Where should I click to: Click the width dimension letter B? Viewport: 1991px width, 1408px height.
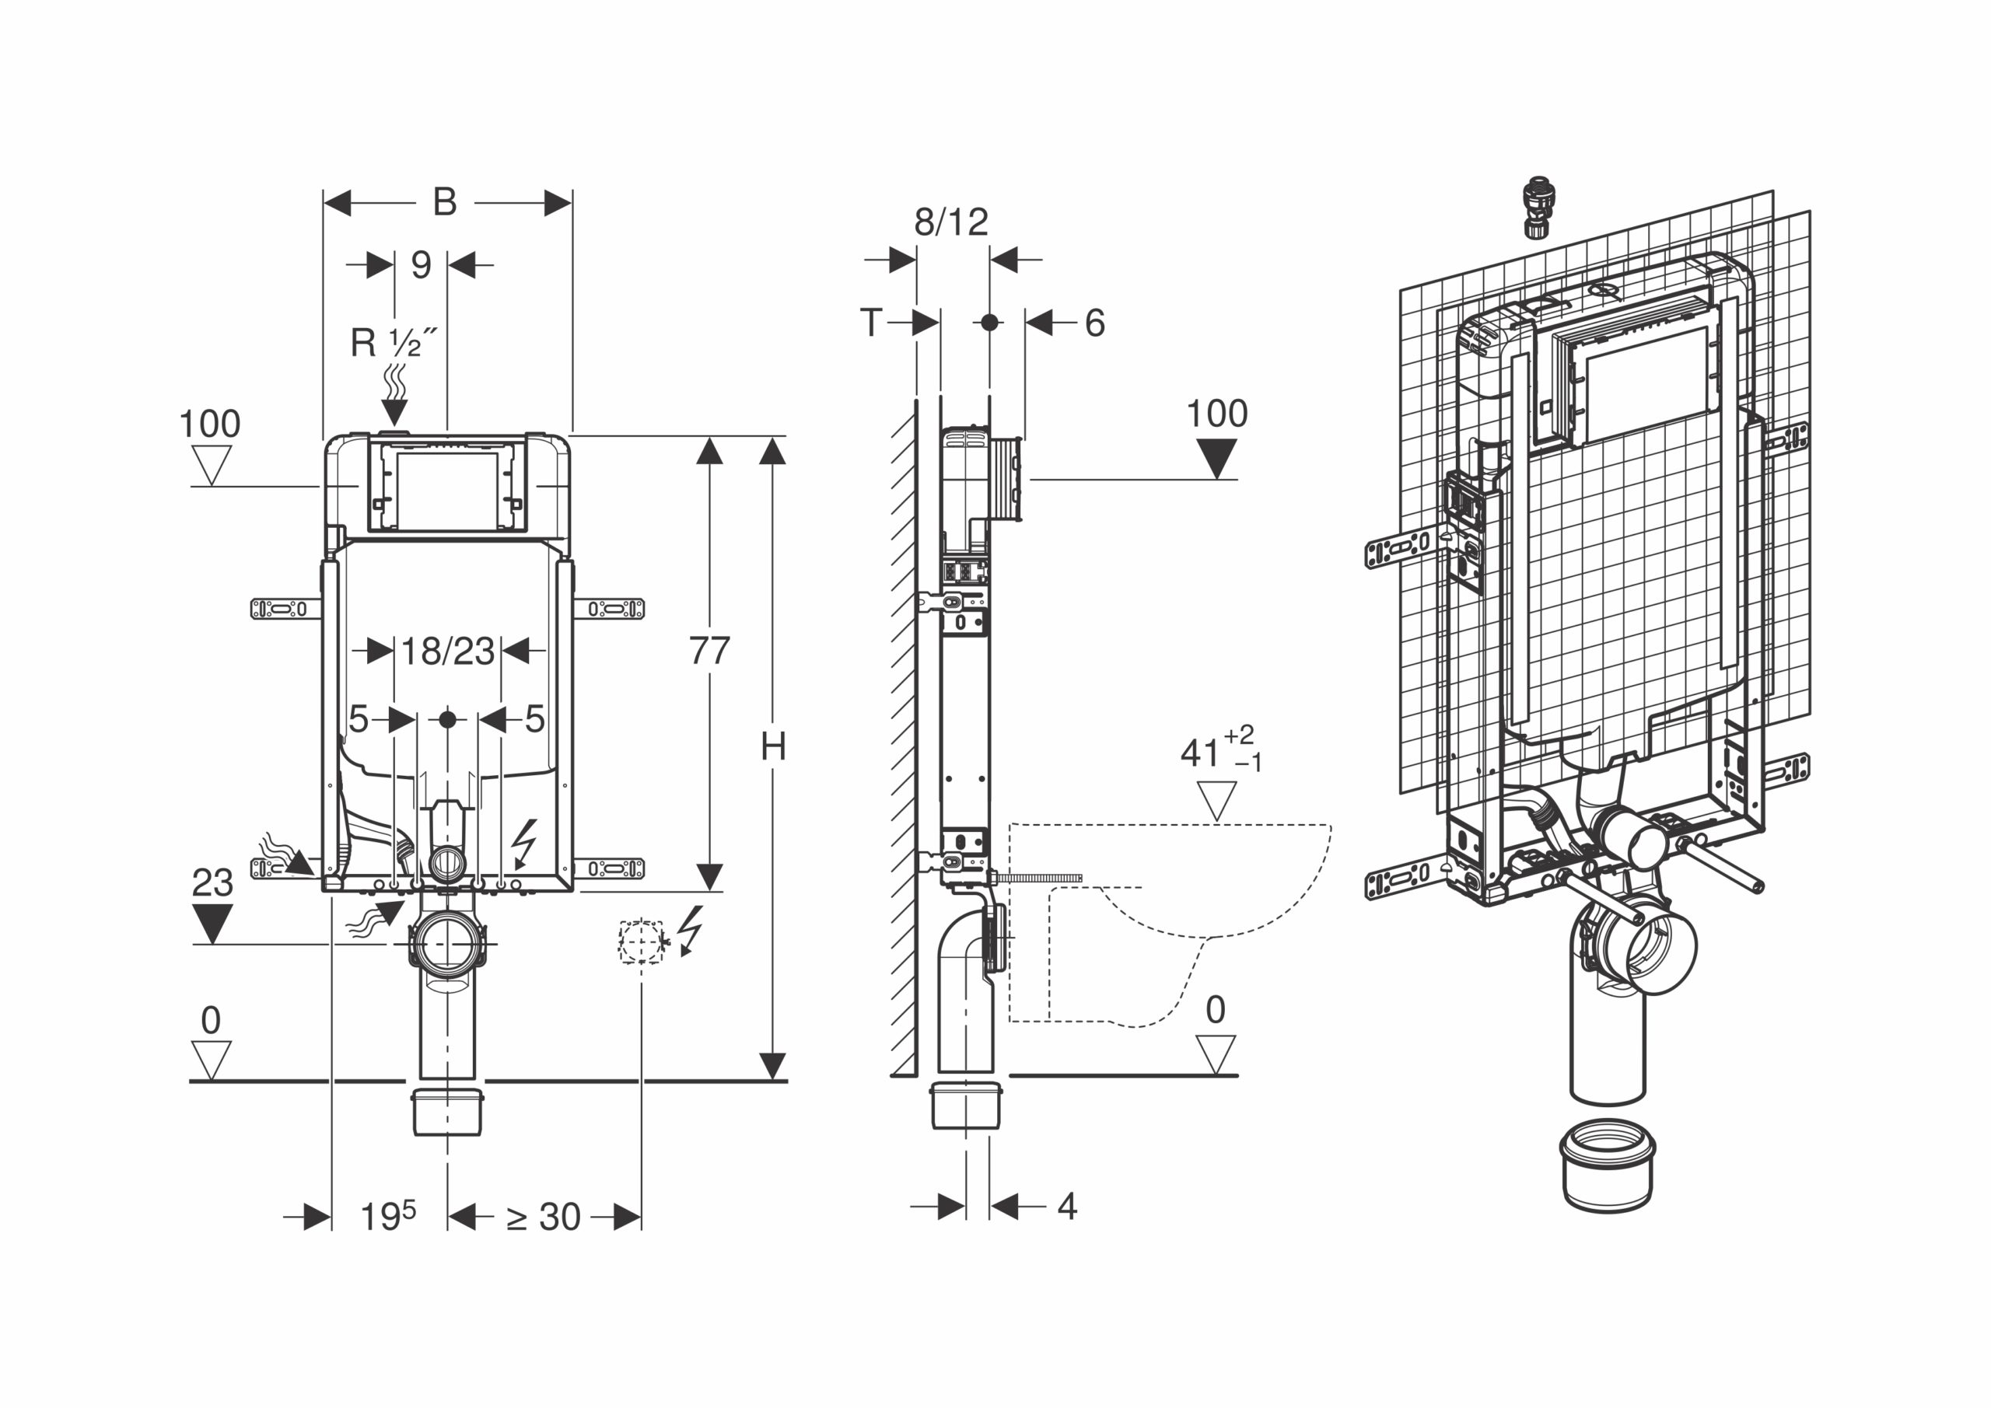[x=445, y=203]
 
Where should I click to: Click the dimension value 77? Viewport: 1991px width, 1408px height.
[x=709, y=650]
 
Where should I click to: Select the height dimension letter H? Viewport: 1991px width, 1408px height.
[x=772, y=746]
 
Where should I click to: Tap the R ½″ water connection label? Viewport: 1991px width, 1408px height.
[x=393, y=342]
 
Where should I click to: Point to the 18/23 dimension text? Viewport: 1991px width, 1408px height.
[x=447, y=650]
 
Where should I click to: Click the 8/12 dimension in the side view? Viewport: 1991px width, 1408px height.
[x=951, y=222]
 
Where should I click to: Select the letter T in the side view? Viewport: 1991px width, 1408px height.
[x=870, y=323]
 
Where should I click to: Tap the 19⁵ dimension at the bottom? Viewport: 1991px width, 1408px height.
[x=387, y=1215]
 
